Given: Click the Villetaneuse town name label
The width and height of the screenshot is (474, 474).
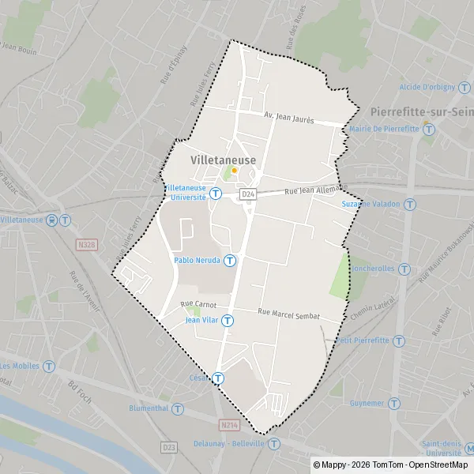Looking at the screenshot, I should (x=223, y=160).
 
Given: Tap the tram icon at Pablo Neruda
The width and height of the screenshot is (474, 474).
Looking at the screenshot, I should (x=230, y=260).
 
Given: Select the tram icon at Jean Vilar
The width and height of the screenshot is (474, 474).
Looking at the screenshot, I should (x=228, y=320).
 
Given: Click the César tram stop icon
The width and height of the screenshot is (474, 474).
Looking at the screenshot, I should (x=217, y=378).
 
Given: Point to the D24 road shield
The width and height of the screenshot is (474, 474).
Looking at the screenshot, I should (x=249, y=193).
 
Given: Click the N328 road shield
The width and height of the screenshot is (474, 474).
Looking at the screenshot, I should (x=88, y=246).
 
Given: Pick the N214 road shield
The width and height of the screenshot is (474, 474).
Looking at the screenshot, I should (x=229, y=425).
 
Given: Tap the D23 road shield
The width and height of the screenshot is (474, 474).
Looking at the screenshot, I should (x=169, y=447).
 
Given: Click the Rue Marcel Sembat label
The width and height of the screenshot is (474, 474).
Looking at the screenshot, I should (x=288, y=314).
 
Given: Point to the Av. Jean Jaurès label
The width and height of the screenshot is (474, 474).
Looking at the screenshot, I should (x=289, y=118).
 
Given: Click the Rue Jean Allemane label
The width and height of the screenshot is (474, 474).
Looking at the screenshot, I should (x=315, y=190).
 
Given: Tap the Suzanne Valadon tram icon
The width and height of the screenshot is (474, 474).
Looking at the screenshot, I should (x=410, y=204).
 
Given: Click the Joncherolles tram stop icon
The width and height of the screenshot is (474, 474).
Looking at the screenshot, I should (x=404, y=269).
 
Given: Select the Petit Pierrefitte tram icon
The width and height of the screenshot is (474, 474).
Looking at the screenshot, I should (x=400, y=340).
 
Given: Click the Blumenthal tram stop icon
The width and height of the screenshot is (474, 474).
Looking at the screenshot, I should (x=178, y=409).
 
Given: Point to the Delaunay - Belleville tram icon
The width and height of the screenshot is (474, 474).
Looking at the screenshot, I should (x=273, y=444).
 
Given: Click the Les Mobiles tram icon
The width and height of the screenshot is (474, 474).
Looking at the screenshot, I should (x=49, y=366).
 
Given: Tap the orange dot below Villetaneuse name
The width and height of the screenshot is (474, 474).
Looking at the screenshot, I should (x=234, y=170).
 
